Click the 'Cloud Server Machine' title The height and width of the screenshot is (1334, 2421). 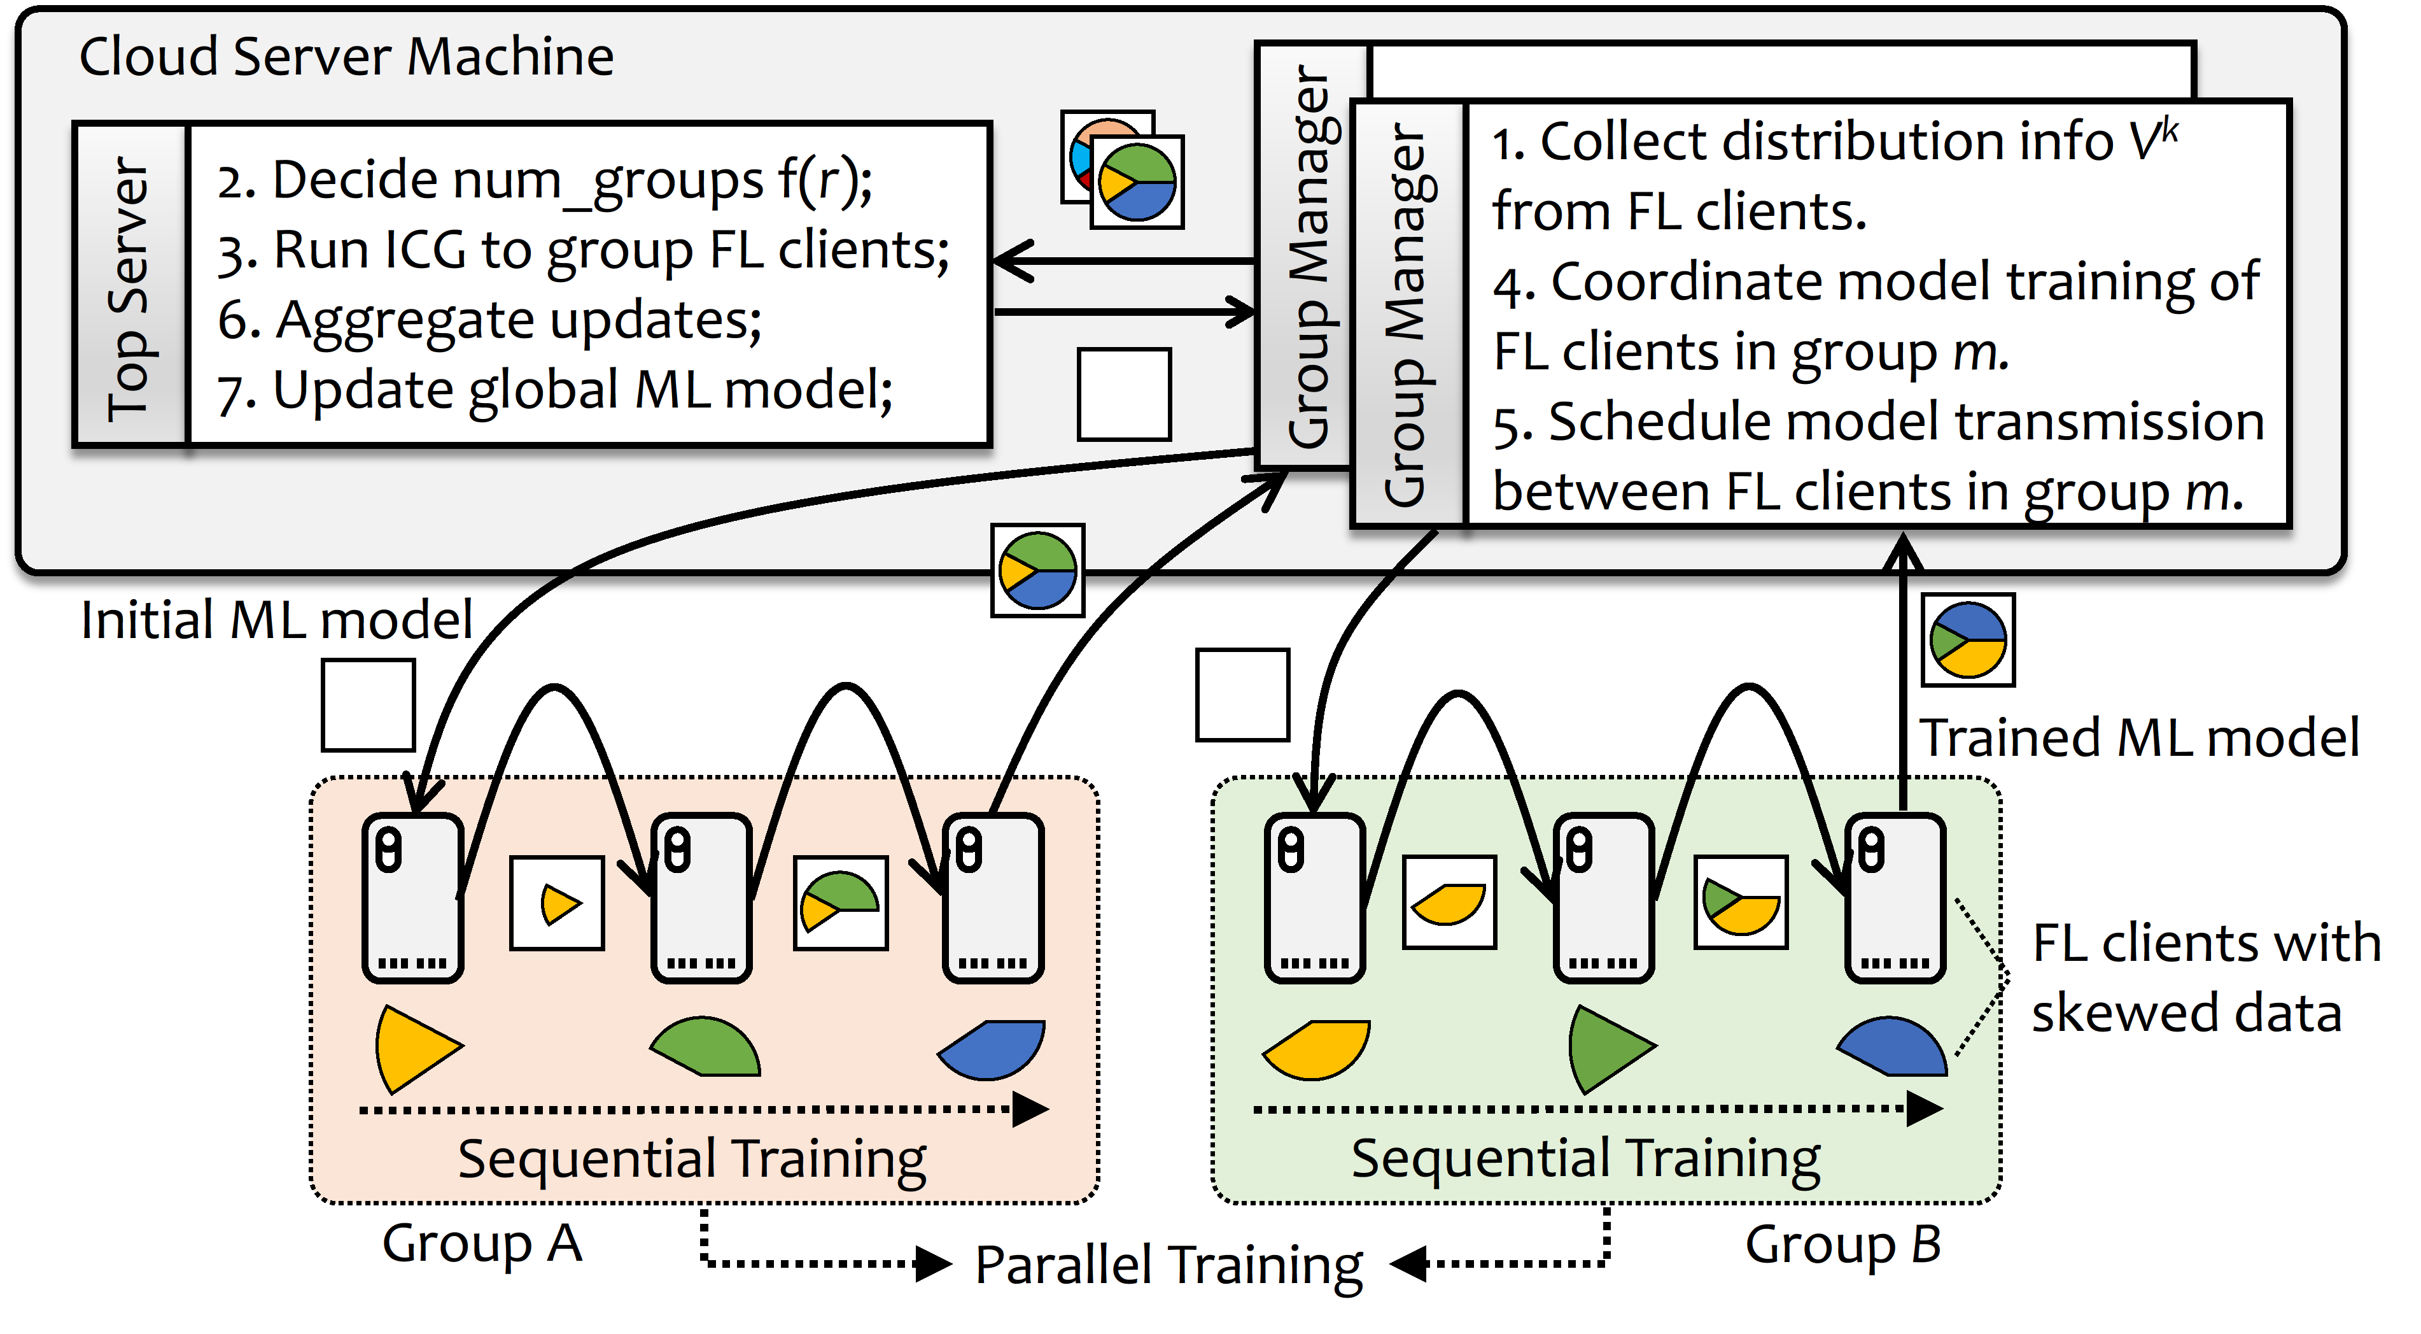tap(346, 57)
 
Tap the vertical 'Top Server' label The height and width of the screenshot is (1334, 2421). tap(130, 286)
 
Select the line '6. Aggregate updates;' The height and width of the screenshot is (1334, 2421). tap(489, 320)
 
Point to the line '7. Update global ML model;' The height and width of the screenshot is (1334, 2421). tap(554, 390)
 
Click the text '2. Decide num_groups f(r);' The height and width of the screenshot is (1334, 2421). tap(544, 180)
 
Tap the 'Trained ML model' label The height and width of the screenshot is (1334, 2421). tap(2139, 738)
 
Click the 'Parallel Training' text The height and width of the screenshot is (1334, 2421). tap(1168, 1265)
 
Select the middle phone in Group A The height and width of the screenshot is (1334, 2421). tap(701, 898)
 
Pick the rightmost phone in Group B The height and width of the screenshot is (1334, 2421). tap(1895, 898)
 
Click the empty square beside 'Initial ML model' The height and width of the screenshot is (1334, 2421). tap(368, 705)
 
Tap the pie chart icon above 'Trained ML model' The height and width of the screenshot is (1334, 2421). tap(1968, 639)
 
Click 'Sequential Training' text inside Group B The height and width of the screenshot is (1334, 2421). tap(1585, 1158)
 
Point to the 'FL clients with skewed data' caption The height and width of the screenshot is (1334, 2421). tap(2204, 977)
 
